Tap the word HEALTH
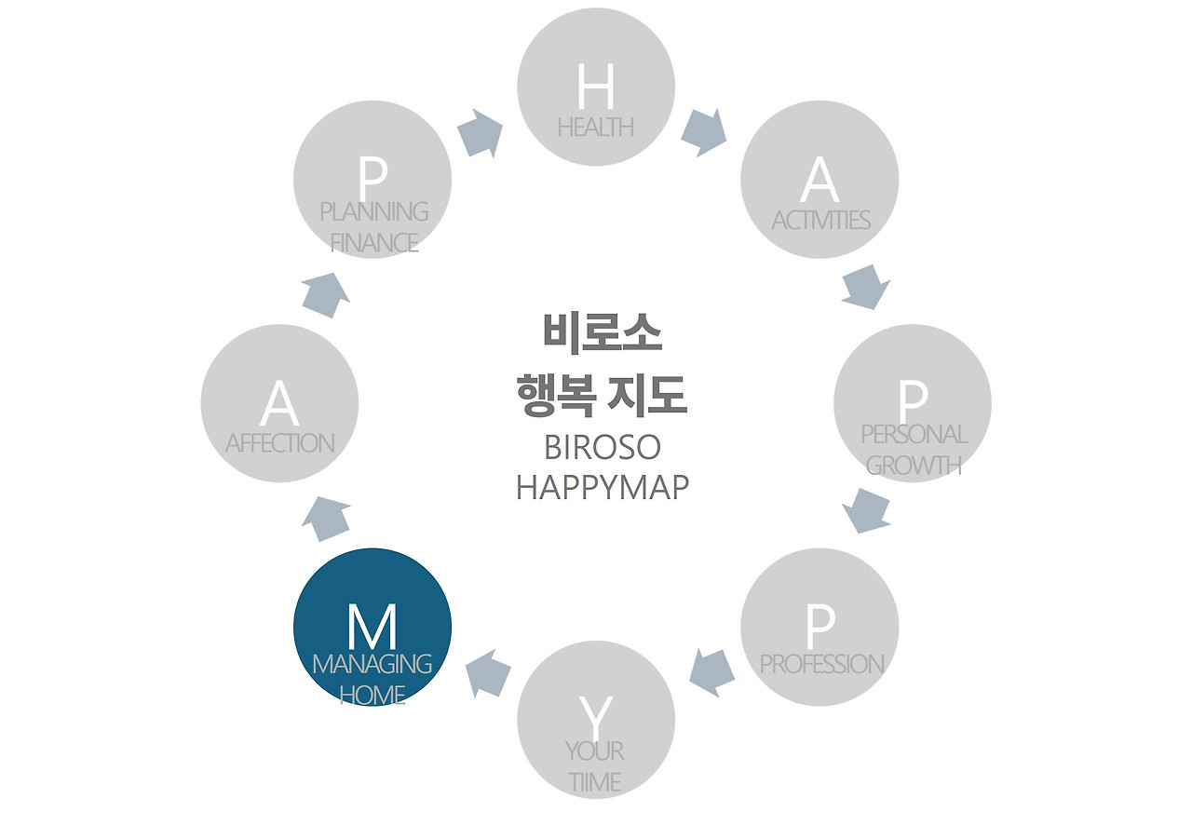coord(596,127)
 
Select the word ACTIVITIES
coord(820,221)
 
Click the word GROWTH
coord(914,465)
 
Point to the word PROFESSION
coord(821,664)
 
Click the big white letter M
coord(372,628)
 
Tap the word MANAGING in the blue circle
coord(372,664)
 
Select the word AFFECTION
coord(279,443)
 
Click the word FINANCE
coord(374,242)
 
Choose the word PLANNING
coord(374,211)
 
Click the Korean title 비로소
coord(602,333)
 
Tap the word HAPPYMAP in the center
coord(602,487)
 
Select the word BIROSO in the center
coord(602,448)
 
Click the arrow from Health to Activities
coord(703,132)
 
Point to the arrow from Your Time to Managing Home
coord(488,673)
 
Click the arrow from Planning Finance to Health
coord(481,133)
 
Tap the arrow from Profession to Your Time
coord(712,672)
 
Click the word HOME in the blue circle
coord(372,695)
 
